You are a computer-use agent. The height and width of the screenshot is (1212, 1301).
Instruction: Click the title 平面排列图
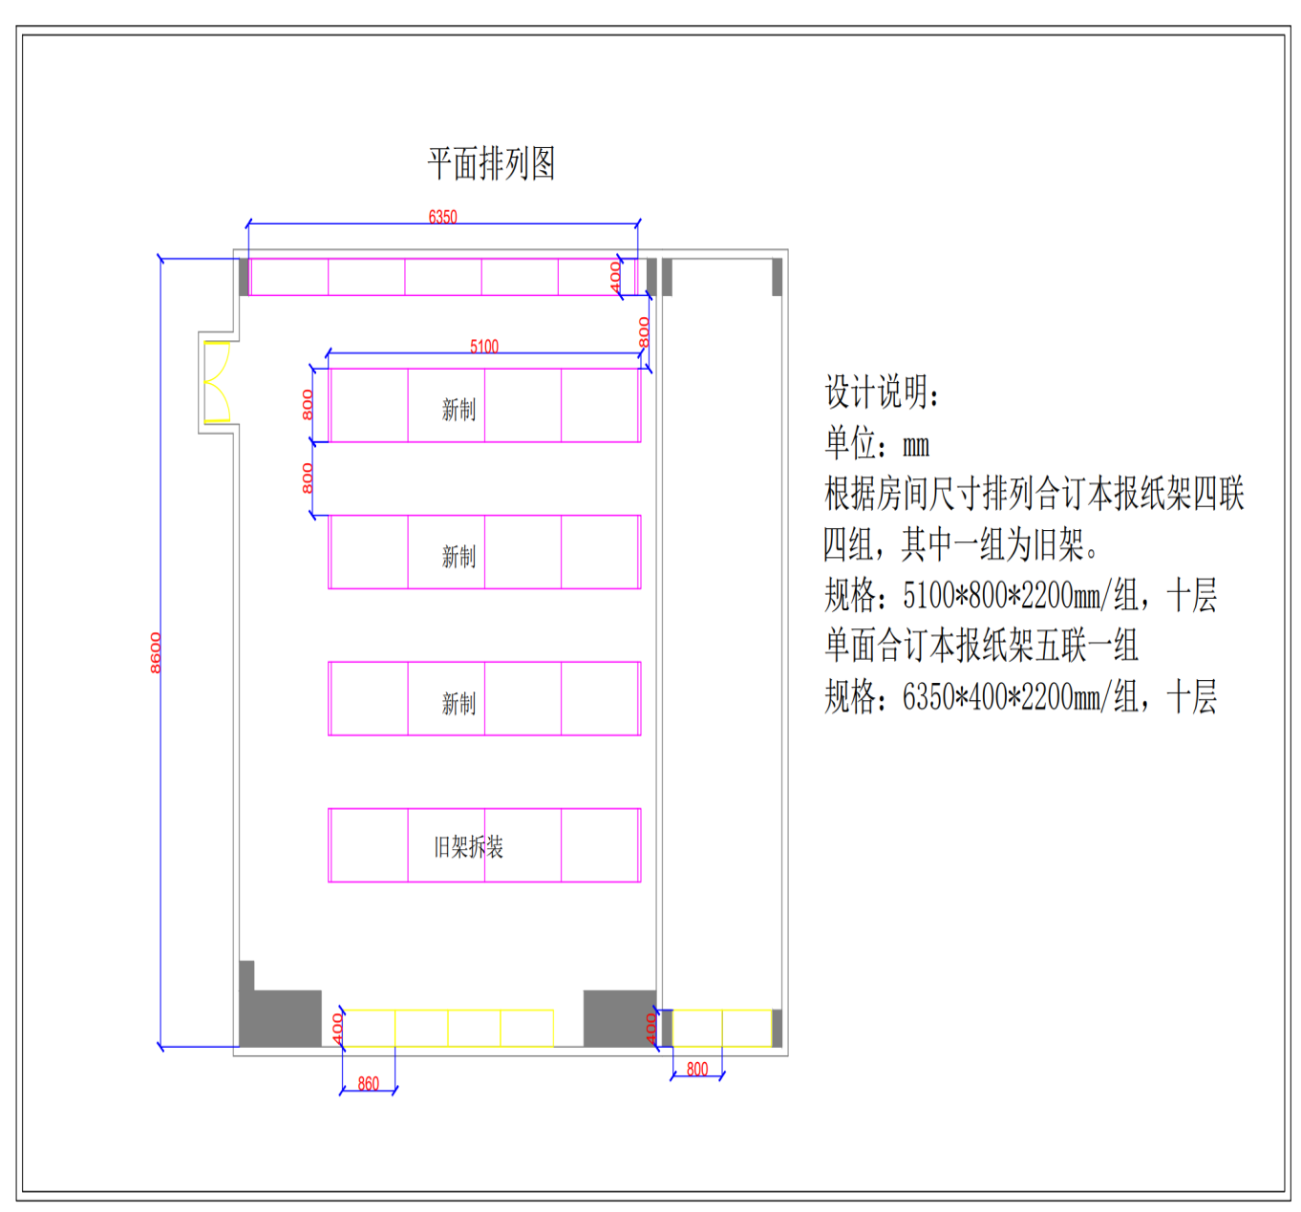point(491,163)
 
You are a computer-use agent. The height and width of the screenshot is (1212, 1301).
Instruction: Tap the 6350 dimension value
point(443,217)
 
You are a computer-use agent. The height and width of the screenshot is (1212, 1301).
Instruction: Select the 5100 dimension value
point(484,347)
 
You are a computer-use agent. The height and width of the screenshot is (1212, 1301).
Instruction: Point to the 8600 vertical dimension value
point(156,652)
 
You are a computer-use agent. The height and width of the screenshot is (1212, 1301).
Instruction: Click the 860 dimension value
point(368,1084)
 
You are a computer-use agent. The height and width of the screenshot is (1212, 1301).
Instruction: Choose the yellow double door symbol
point(217,381)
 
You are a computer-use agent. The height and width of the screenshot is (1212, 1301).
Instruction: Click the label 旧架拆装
point(468,847)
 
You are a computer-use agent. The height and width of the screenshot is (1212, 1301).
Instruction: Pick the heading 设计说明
point(882,392)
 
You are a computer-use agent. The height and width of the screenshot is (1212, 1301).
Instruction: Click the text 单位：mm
point(877,443)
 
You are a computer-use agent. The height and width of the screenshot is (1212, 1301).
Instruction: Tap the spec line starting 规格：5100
point(1020,595)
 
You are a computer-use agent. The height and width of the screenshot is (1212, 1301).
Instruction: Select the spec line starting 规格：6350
point(1020,695)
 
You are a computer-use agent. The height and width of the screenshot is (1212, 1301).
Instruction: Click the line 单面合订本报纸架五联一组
point(981,646)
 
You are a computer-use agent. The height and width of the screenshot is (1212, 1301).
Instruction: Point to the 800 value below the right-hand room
point(697,1069)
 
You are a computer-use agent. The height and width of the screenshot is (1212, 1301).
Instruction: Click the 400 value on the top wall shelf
point(615,277)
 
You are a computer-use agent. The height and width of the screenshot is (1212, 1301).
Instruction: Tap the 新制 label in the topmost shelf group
point(459,410)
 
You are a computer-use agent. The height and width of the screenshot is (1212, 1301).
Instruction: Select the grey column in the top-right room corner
point(777,277)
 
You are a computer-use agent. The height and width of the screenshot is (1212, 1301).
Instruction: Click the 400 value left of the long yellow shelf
point(337,1030)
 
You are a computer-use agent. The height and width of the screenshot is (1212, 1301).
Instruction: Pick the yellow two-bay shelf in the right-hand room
point(722,1029)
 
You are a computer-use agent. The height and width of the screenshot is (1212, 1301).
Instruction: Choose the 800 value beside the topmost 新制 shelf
point(308,405)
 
